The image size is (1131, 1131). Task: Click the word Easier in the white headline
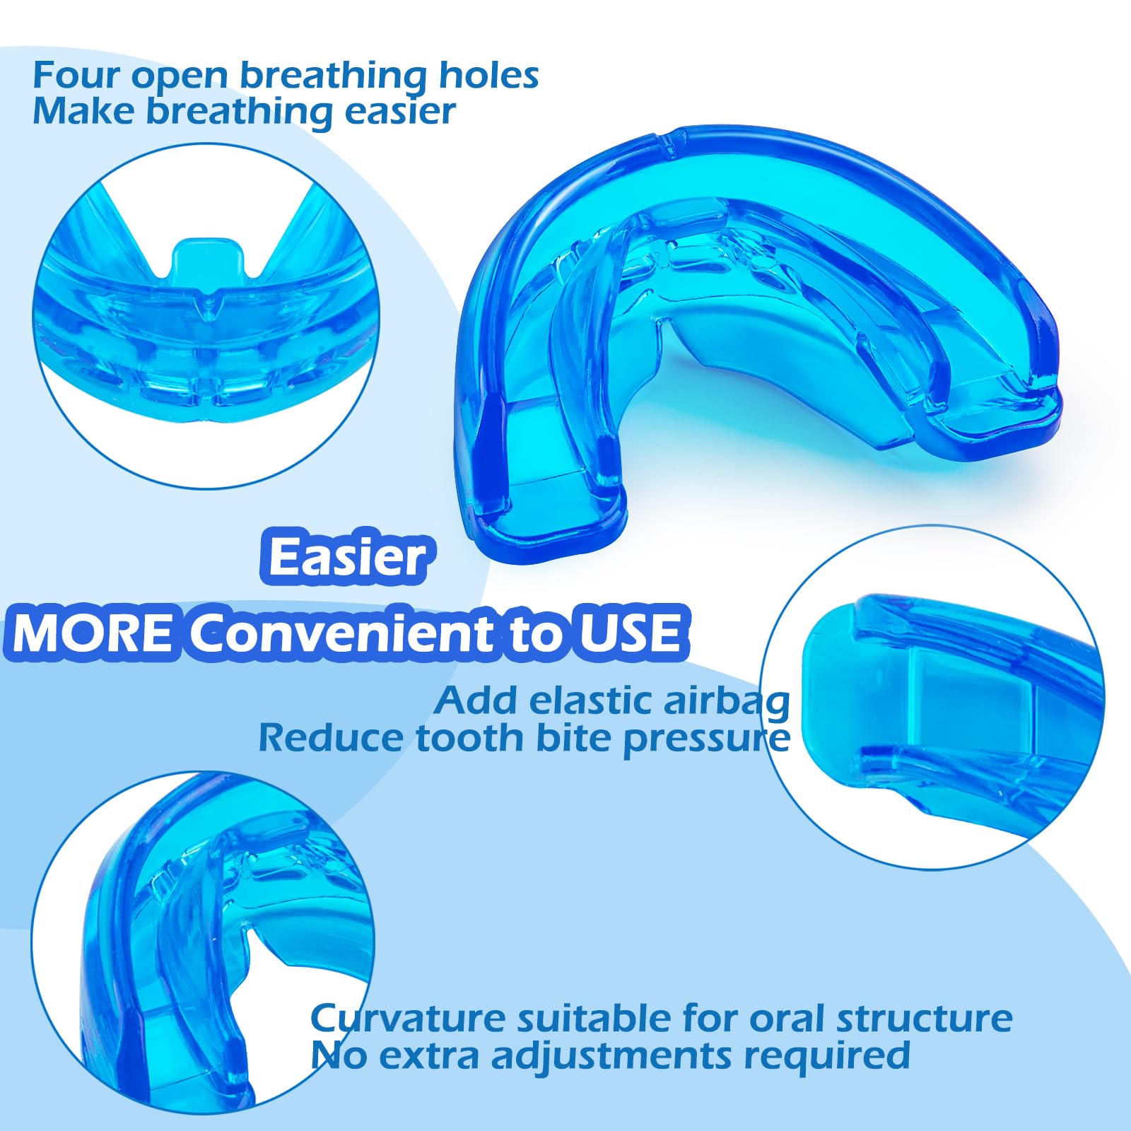[348, 557]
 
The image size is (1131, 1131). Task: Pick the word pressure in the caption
[706, 740]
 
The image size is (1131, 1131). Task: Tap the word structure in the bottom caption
[924, 1019]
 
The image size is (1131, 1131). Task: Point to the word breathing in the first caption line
[332, 76]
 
